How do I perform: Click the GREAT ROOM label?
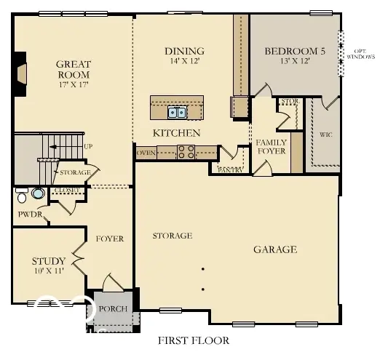coord(73,69)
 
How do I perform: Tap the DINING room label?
coord(183,51)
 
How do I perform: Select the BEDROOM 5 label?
coord(294,51)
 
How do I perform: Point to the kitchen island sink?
coord(177,112)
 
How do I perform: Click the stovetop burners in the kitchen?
coord(186,152)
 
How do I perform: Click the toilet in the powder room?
coord(23,196)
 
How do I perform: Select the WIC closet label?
coord(325,135)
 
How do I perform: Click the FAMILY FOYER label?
coord(271,146)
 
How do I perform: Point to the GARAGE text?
coord(274,249)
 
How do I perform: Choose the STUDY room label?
coord(48,261)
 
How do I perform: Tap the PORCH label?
coord(113,309)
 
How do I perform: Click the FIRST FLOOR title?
coord(194,340)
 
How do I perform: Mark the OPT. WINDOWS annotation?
coord(360,53)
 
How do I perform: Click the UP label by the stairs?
coord(88,146)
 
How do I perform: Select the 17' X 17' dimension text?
coord(73,85)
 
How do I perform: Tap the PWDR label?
coord(28,215)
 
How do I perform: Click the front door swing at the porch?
coord(112,284)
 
